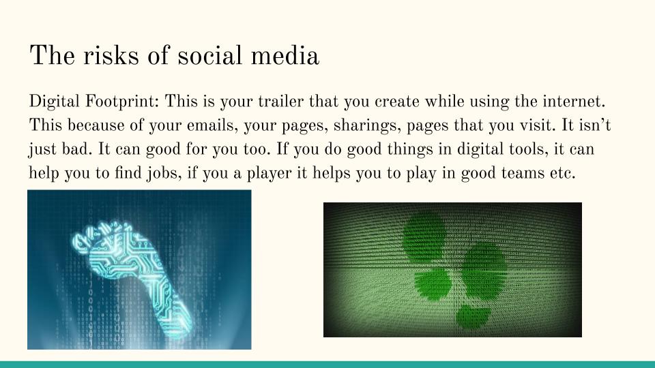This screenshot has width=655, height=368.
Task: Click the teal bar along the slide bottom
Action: (327, 364)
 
